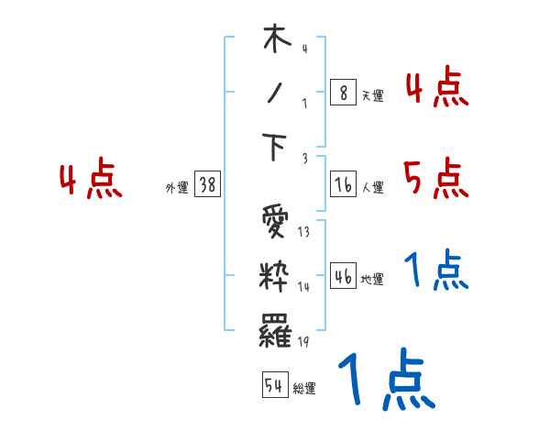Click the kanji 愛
coord(275,222)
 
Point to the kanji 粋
coord(275,276)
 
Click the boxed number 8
coord(343,92)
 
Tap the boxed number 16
coord(343,185)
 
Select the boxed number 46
coord(343,276)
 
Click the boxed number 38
coord(207,185)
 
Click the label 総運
coord(304,389)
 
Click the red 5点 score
coord(437,178)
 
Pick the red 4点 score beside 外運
coord(90,180)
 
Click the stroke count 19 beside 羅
coord(302,342)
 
